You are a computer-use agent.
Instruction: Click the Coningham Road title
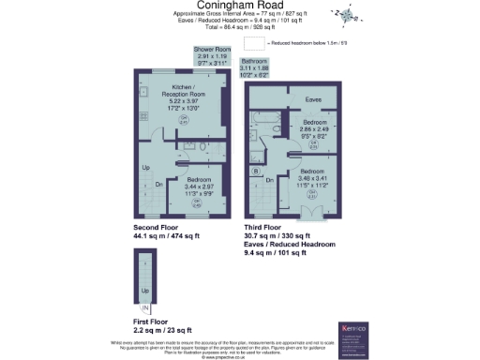pyautogui.click(x=239, y=6)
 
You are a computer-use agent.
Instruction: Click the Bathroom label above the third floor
pyautogui.click(x=259, y=63)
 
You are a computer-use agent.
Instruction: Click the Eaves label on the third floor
pyautogui.click(x=314, y=98)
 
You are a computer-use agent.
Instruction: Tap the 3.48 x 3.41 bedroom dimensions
pyautogui.click(x=315, y=180)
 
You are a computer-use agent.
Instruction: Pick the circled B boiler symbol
pyautogui.click(x=255, y=172)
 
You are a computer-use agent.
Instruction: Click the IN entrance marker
pyautogui.click(x=144, y=307)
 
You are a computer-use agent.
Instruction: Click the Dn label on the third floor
pyautogui.click(x=271, y=181)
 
